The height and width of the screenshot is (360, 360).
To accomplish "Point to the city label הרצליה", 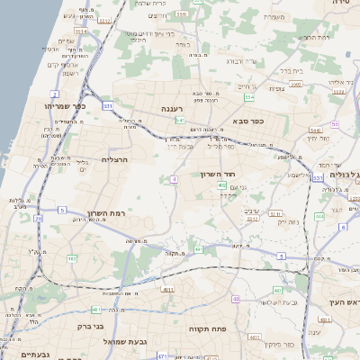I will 115,159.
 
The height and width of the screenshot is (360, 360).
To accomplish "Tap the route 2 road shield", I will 56,93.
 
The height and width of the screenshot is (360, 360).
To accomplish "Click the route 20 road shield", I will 38,218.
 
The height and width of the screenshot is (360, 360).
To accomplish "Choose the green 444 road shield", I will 319,217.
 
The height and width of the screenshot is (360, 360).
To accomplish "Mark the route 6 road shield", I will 343,227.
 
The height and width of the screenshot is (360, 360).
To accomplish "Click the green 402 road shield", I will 221,185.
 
